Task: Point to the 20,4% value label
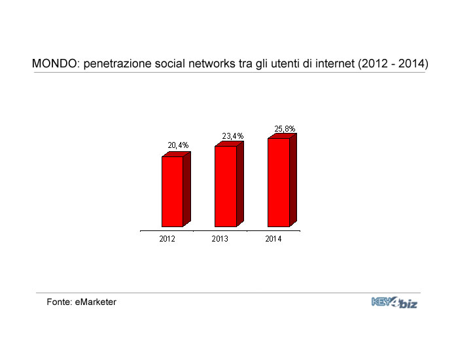point(178,145)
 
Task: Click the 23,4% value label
point(233,136)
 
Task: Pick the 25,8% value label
point(285,129)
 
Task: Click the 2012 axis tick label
point(167,239)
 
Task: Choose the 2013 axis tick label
point(220,239)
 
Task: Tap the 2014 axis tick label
point(273,239)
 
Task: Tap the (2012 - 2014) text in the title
point(393,63)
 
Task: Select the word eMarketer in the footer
point(96,302)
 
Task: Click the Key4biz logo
point(395,302)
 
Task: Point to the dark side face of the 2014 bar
point(293,180)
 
